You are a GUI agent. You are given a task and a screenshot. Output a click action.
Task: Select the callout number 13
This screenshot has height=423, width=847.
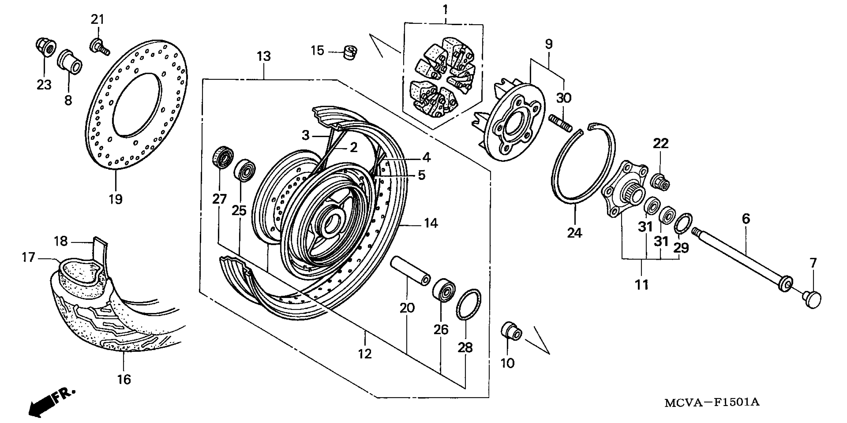[264, 56]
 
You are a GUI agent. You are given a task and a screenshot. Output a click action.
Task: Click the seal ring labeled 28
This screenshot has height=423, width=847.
[468, 304]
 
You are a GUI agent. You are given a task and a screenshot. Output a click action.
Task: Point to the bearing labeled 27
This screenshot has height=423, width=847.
[223, 157]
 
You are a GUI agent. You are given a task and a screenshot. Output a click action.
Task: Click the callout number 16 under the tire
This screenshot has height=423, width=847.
[124, 380]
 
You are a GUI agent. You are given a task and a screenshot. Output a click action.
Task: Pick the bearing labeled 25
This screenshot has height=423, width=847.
[245, 170]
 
